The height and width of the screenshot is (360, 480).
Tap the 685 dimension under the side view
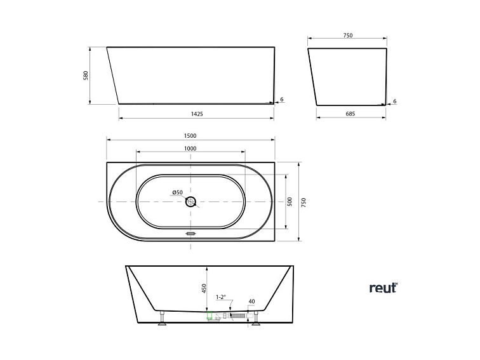click(350, 114)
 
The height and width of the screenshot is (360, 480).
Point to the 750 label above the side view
click(347, 36)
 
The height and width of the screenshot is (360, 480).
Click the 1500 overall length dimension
click(190, 135)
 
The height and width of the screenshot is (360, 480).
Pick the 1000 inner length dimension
click(190, 149)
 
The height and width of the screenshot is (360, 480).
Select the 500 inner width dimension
click(290, 201)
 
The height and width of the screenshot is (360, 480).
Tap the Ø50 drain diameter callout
click(177, 192)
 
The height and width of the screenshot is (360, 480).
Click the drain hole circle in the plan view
click(190, 202)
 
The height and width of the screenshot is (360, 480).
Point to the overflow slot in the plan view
click(190, 233)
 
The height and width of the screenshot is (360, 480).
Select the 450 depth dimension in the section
click(204, 289)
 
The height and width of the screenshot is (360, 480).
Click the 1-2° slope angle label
click(222, 297)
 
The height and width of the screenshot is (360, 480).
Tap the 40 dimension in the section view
click(251, 302)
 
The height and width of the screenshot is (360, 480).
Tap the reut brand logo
click(383, 288)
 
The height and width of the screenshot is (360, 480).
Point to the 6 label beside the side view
click(394, 101)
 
